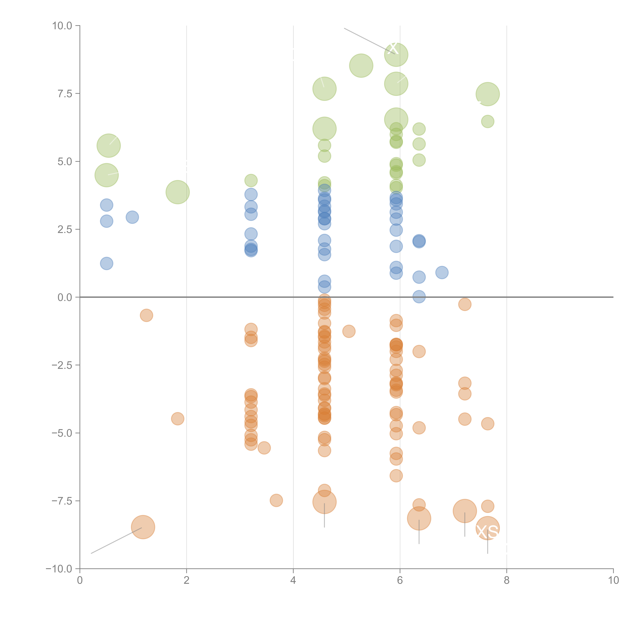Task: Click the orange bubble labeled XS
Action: pos(488,528)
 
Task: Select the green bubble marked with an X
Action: pos(396,55)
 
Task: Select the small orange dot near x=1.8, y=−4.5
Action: pos(178,419)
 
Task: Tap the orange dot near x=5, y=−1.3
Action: pos(349,331)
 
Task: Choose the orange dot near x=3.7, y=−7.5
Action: pos(276,500)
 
